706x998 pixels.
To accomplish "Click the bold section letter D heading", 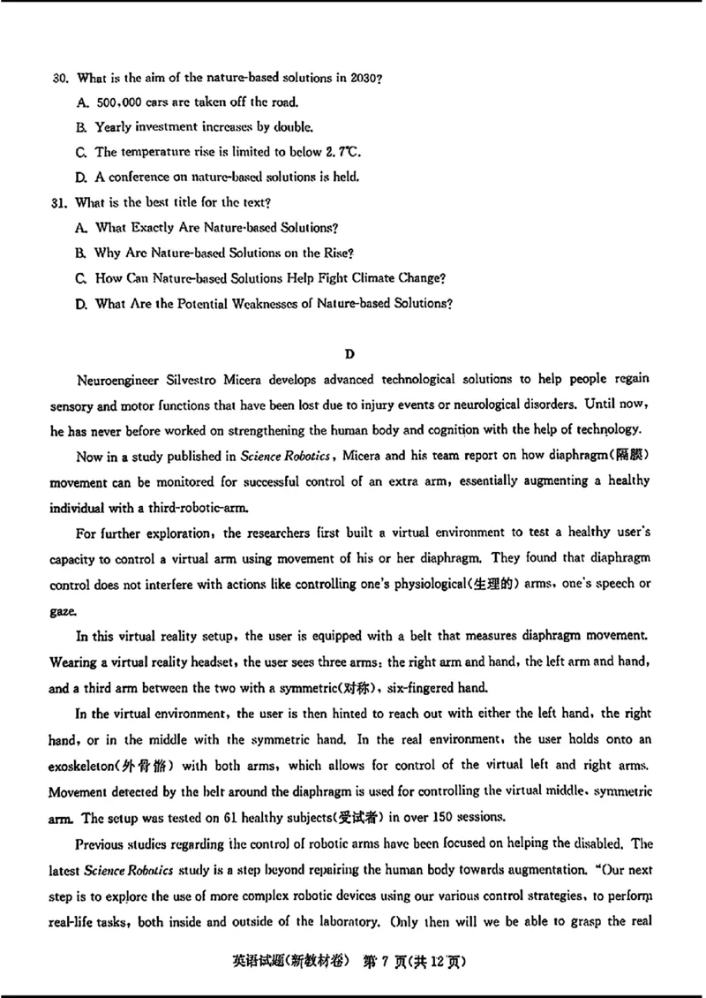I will coord(349,354).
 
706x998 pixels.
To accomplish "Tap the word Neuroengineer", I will coord(119,379).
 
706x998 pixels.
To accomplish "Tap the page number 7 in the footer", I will coord(381,960).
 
